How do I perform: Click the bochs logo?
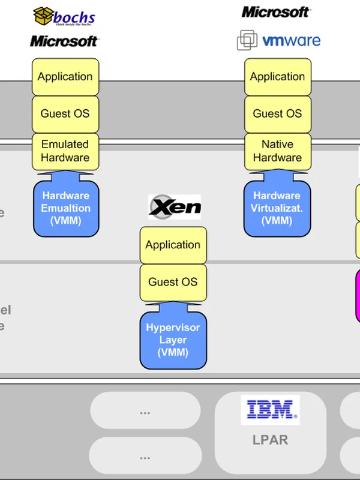(64, 16)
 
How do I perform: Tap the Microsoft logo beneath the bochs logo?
(64, 41)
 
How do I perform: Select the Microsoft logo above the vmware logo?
(276, 11)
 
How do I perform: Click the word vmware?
(292, 41)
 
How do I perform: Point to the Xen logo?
(175, 207)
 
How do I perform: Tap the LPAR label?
(270, 440)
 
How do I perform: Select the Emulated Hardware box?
(65, 151)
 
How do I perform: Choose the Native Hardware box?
(277, 151)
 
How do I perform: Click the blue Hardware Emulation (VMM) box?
(65, 208)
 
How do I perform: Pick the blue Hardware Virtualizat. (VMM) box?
(277, 208)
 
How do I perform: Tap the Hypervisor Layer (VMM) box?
(173, 340)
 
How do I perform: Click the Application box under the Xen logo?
(173, 245)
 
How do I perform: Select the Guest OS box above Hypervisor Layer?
(173, 282)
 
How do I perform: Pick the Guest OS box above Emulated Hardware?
(65, 113)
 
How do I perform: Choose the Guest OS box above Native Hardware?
(277, 113)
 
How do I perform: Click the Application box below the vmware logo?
(277, 77)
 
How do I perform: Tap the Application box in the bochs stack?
(65, 77)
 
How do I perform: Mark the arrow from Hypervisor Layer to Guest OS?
(173, 307)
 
